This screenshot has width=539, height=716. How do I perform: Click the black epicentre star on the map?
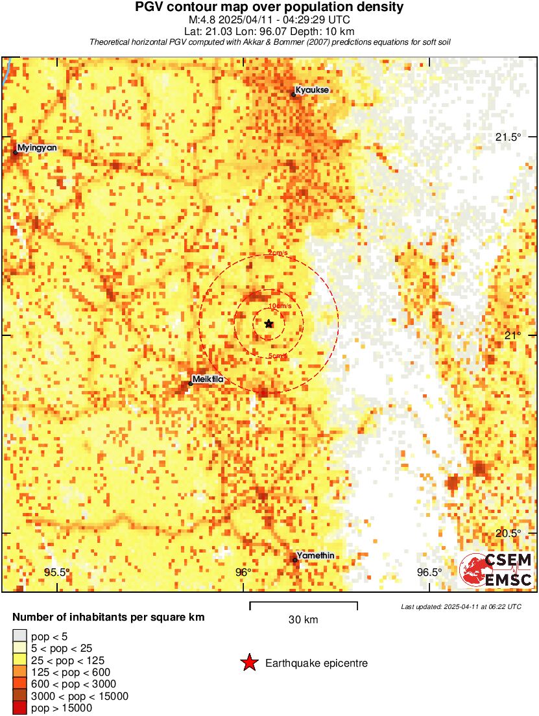269,324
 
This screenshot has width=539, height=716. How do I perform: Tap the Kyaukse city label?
313,90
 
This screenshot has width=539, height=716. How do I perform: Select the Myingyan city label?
37,148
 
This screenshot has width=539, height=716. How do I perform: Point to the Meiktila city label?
208,379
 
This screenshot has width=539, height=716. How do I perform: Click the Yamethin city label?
317,556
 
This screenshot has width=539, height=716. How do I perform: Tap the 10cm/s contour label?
280,306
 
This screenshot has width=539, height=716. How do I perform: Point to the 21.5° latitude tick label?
508,137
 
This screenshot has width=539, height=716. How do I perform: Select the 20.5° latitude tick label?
508,533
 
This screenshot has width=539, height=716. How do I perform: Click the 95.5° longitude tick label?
56,572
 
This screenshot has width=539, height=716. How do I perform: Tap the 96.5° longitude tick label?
429,572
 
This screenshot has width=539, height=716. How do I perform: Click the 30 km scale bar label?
303,619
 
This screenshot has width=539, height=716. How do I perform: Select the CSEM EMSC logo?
496,570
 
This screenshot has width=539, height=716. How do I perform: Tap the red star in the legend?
249,663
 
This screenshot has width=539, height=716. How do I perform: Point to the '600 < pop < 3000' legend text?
74,684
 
